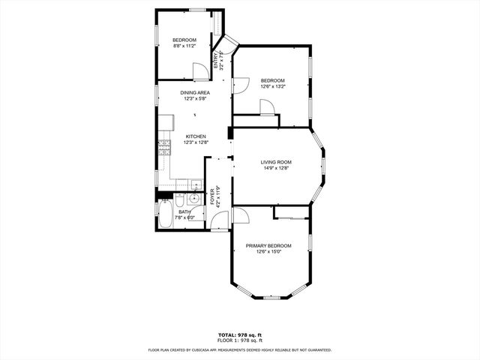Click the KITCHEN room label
[x=196, y=136]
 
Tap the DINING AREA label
[x=195, y=93]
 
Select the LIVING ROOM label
[x=276, y=162]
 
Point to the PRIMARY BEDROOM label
[x=268, y=246]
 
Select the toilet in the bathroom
[x=180, y=200]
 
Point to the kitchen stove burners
[x=162, y=148]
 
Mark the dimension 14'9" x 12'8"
[x=276, y=168]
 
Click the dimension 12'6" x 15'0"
[x=268, y=252]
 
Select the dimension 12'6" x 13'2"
[x=272, y=86]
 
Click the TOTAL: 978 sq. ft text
[x=240, y=334]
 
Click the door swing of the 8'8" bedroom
[x=199, y=71]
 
